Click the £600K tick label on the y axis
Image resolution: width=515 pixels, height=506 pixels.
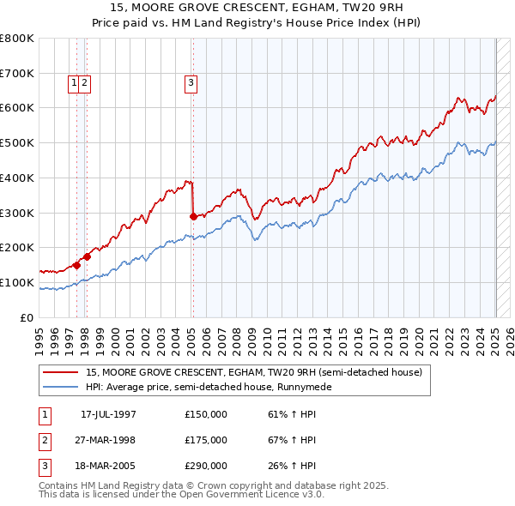click(17, 108)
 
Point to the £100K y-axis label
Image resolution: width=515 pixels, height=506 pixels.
click(17, 282)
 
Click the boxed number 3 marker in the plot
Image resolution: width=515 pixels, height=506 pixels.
click(190, 83)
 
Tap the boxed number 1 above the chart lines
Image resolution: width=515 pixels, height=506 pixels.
click(75, 83)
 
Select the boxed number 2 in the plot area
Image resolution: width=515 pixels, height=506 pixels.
click(87, 83)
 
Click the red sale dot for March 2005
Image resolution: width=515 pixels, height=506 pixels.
click(193, 216)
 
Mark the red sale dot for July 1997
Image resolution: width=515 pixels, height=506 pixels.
click(76, 265)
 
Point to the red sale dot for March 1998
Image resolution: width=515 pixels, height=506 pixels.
click(88, 256)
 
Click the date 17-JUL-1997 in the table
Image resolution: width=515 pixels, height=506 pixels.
click(108, 414)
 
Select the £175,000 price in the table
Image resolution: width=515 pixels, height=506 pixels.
click(206, 440)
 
